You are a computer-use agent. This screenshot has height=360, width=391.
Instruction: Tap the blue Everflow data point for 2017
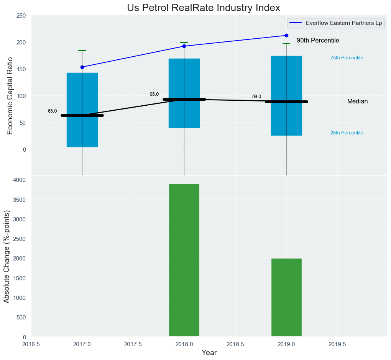pyautogui.click(x=82, y=67)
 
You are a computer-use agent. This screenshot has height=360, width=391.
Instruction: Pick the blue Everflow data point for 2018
pyautogui.click(x=184, y=46)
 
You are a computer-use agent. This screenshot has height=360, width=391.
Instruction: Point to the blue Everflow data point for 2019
pyautogui.click(x=286, y=36)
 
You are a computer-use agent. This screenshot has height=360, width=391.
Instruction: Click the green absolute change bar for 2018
pyautogui.click(x=184, y=260)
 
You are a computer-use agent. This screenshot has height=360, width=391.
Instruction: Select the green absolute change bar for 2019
pyautogui.click(x=286, y=298)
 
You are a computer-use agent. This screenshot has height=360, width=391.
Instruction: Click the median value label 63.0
pyautogui.click(x=52, y=111)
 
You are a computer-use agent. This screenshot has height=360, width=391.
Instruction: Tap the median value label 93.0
pyautogui.click(x=154, y=94)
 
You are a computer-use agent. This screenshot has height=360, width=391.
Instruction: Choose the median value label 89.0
pyautogui.click(x=256, y=97)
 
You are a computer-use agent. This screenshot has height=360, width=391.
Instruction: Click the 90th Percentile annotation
pyautogui.click(x=318, y=41)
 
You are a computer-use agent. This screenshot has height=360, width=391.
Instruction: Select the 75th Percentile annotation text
pyautogui.click(x=347, y=58)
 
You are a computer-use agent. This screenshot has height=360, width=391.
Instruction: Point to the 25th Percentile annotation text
pyautogui.click(x=347, y=133)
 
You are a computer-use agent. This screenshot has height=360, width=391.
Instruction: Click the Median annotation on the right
pyautogui.click(x=357, y=101)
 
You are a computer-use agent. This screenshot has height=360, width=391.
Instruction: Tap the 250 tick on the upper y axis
pyautogui.click(x=21, y=16)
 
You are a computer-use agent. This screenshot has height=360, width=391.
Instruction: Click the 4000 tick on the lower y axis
pyautogui.click(x=19, y=180)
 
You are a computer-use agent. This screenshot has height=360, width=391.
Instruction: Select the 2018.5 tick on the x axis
pyautogui.click(x=235, y=344)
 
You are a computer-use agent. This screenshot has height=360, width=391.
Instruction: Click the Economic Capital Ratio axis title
pyautogui.click(x=10, y=96)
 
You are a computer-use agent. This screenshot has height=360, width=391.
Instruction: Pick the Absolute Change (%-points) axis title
pyautogui.click(x=7, y=257)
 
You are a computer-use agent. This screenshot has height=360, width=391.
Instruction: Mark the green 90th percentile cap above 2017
pyautogui.click(x=82, y=51)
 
